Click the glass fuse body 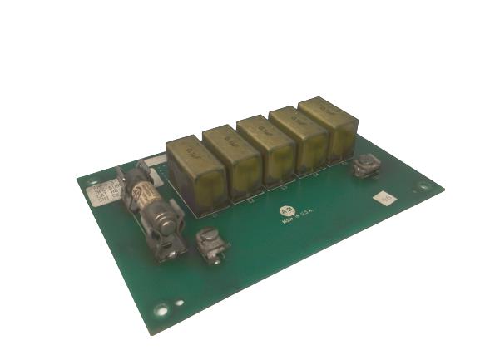[x=150, y=202]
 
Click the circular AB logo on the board [x=287, y=212]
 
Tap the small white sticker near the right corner [x=384, y=200]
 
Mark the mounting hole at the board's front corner [x=161, y=309]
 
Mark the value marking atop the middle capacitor [x=260, y=128]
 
